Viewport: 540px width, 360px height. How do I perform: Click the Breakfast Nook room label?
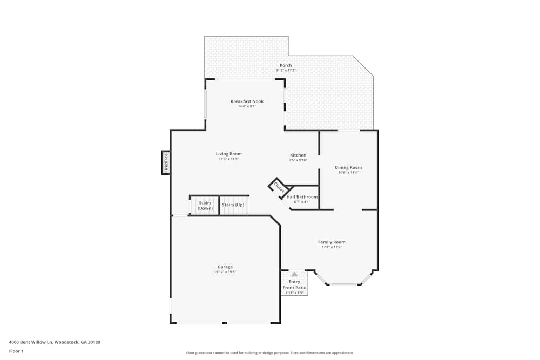247,101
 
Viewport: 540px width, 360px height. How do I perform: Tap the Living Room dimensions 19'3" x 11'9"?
228,159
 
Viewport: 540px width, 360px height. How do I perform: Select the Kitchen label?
298,155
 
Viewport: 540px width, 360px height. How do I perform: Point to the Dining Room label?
348,167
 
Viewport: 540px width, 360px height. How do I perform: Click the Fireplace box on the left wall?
166,162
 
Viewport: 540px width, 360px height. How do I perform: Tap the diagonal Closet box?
279,187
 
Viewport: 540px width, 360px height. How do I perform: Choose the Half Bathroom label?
302,197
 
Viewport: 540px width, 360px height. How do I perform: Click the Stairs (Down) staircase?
205,206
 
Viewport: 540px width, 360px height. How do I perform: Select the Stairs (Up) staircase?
233,205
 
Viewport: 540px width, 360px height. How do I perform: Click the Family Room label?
332,242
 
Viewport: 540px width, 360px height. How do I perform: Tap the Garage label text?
225,267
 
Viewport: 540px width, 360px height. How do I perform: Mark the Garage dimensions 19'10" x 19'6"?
225,272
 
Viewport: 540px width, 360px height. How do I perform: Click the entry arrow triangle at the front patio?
294,274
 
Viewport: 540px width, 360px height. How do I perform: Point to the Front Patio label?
294,288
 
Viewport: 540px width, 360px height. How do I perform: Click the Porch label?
286,65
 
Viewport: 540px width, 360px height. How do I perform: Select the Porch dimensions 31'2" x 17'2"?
286,71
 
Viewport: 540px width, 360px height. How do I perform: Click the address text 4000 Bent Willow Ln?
55,342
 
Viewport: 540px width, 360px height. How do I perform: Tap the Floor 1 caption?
16,351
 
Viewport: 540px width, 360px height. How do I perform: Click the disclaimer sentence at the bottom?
269,352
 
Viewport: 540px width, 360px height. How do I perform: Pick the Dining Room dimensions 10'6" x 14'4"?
348,173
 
